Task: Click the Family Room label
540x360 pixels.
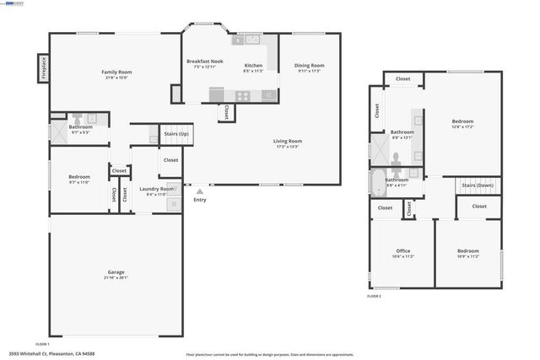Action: click(116, 72)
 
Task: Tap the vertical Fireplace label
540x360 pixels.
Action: click(42, 68)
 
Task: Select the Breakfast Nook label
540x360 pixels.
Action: click(204, 62)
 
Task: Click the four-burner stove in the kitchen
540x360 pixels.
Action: click(243, 95)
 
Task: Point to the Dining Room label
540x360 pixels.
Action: click(310, 65)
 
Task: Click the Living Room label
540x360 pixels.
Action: click(287, 141)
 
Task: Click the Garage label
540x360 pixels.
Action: click(116, 272)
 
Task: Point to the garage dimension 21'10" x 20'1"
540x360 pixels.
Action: click(116, 278)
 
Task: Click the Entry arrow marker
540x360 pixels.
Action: click(199, 191)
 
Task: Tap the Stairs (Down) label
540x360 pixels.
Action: click(478, 185)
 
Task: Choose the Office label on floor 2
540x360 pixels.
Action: click(402, 250)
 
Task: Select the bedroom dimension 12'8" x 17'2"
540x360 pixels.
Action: click(462, 126)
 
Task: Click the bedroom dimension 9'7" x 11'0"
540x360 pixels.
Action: click(78, 182)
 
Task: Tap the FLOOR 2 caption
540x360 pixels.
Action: click(374, 297)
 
